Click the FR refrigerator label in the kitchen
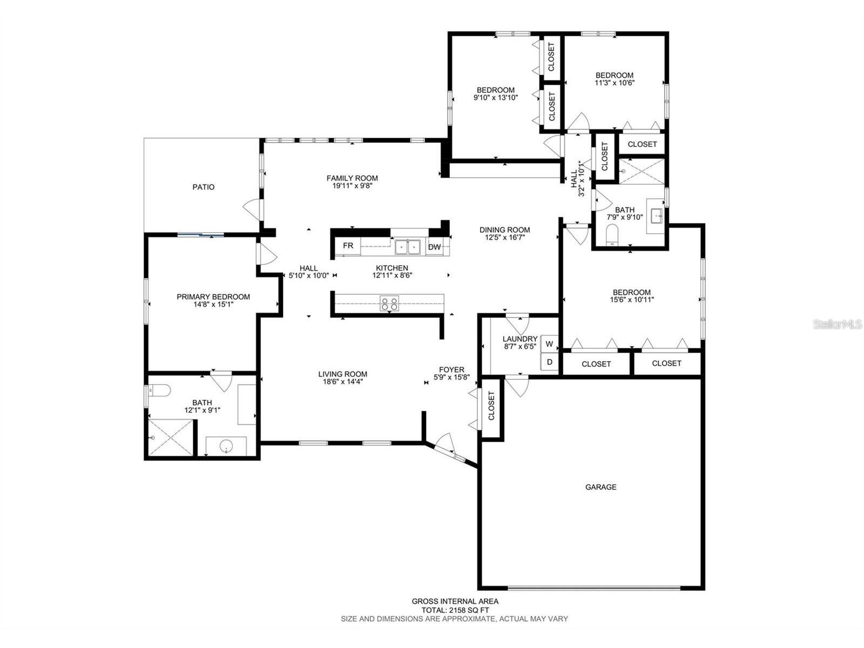[348, 246]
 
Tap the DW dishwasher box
[434, 247]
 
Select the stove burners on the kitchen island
[389, 303]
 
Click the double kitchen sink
[408, 247]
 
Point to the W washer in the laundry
[549, 344]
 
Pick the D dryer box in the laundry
[549, 362]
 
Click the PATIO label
[204, 187]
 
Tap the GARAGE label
[600, 487]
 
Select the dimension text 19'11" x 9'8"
[352, 186]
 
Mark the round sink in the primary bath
[226, 446]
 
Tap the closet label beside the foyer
[491, 406]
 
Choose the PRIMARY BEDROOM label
[213, 297]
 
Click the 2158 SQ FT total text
[455, 610]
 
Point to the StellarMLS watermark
[838, 325]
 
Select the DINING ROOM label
[504, 230]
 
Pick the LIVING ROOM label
[342, 374]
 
